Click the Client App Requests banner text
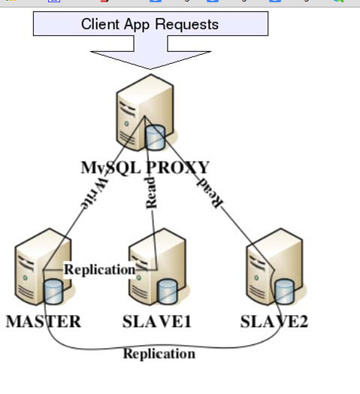click(x=150, y=25)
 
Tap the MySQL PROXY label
click(x=145, y=168)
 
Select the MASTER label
click(x=44, y=321)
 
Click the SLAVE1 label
click(x=157, y=321)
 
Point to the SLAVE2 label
click(x=274, y=321)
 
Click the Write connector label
click(x=95, y=193)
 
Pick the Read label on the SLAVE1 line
click(x=151, y=192)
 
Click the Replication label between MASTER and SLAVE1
click(x=100, y=270)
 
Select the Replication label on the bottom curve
click(x=159, y=353)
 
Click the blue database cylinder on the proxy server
click(x=156, y=138)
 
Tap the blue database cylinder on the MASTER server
click(x=53, y=292)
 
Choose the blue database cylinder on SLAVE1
click(x=168, y=292)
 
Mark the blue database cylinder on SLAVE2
click(x=284, y=292)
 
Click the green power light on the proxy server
click(x=126, y=123)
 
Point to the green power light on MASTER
click(x=25, y=277)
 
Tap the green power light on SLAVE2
click(x=256, y=277)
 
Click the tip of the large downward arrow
click(x=150, y=69)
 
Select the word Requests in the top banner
click(x=187, y=25)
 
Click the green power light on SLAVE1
click(x=139, y=277)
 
